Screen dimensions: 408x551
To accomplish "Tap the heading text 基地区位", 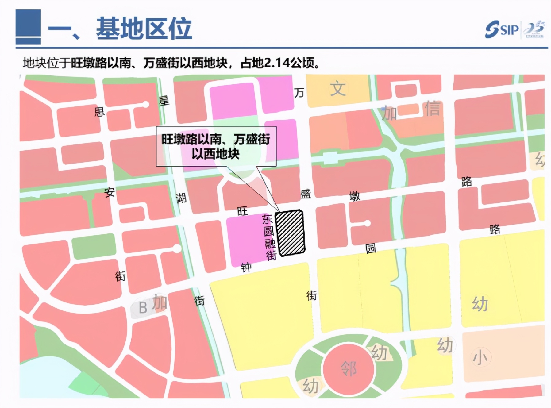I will point(144,28).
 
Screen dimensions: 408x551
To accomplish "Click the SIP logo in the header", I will point(502,29).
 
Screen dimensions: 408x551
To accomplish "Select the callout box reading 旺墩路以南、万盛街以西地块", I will point(216,146).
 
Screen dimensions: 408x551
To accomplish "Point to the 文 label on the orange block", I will point(338,89).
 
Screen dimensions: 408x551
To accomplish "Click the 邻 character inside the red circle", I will point(349,368).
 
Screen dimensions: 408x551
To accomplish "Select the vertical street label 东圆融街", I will point(269,237).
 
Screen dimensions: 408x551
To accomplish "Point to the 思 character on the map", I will point(99,112).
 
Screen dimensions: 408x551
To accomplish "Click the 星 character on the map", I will point(164,101).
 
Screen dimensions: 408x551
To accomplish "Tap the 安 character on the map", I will point(110,192).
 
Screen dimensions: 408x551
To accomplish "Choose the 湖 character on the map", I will point(181,198).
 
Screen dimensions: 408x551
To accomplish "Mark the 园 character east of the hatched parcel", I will point(371,248).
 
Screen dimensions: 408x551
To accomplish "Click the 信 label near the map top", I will point(432,109).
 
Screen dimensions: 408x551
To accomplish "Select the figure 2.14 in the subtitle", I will point(277,63).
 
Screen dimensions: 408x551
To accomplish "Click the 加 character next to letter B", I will point(160,303).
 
